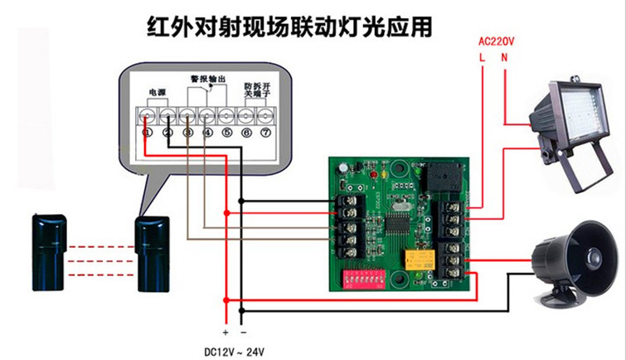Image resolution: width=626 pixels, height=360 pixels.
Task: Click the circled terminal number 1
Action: [148, 132]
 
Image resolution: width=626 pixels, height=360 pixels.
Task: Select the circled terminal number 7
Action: [265, 132]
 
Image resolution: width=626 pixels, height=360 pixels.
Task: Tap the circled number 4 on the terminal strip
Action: [207, 132]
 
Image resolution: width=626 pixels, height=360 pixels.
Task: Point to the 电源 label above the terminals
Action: [157, 90]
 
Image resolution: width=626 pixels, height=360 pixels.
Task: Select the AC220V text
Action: [497, 41]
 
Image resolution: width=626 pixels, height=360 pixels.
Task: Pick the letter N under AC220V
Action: [504, 57]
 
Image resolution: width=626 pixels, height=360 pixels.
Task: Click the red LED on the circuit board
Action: [376, 179]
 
